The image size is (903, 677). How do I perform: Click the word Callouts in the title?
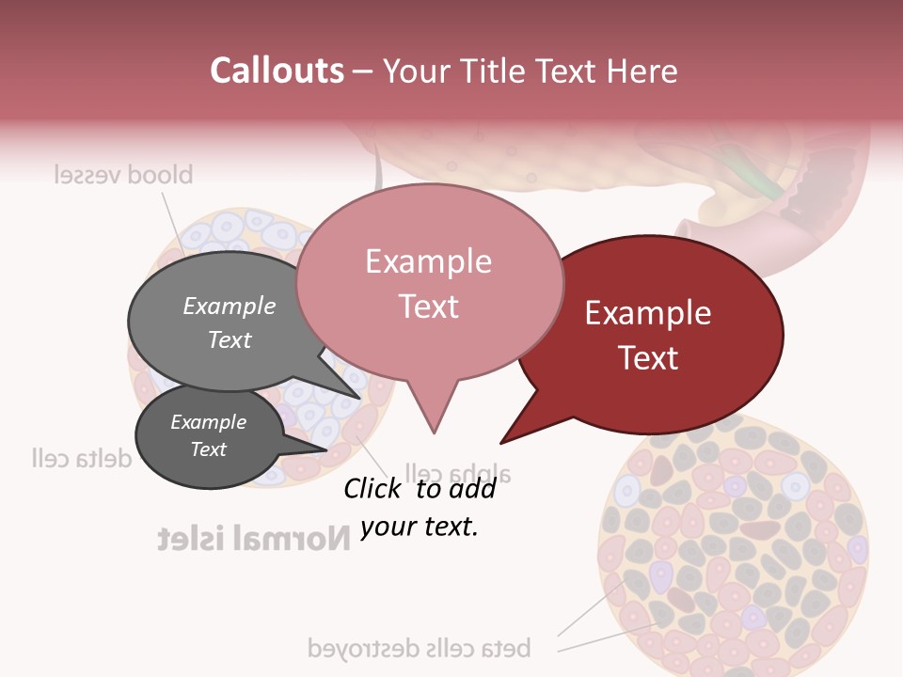tap(277, 71)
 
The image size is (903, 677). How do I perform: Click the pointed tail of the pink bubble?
tap(433, 423)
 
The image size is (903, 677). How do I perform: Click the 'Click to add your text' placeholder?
tap(420, 507)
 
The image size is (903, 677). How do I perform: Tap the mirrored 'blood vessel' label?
tap(123, 175)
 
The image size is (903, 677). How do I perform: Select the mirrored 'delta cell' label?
tap(81, 458)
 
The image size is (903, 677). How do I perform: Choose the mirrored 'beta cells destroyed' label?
tap(420, 648)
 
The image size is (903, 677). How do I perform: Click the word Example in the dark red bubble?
tap(648, 313)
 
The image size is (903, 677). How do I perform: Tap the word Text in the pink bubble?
tap(428, 307)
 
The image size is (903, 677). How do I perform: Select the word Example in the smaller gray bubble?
tap(208, 422)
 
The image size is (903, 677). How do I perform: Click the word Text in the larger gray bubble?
tap(230, 339)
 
